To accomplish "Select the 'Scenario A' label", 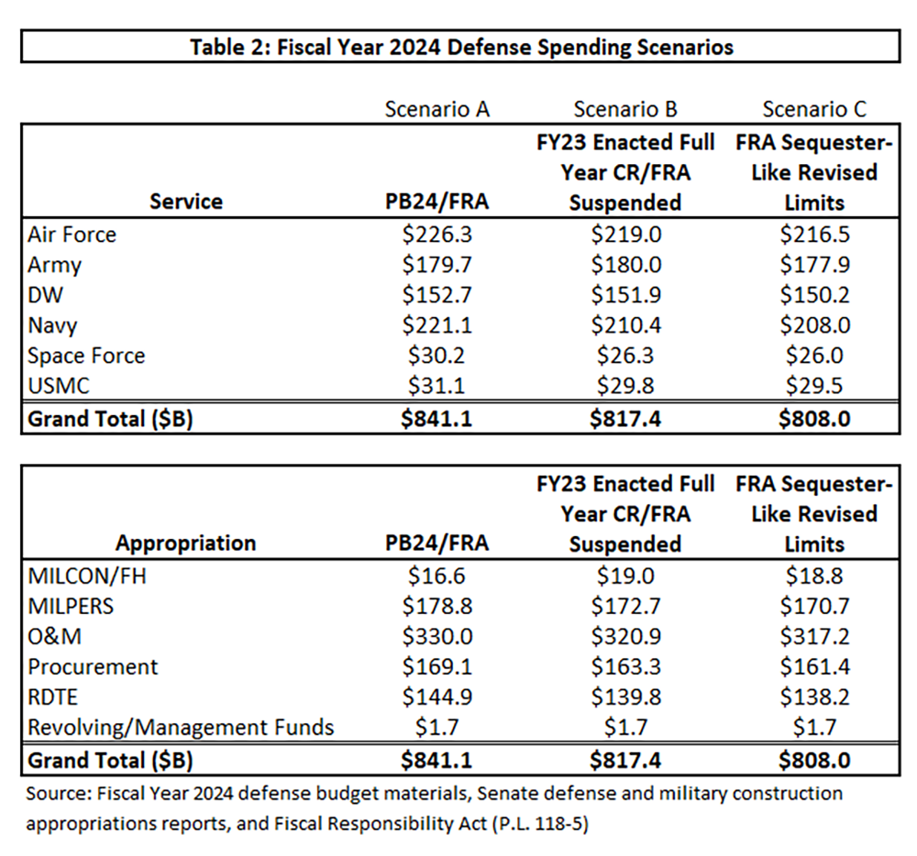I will click(x=437, y=109).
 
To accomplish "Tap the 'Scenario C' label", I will click(x=814, y=109).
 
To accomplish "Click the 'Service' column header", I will click(x=186, y=201).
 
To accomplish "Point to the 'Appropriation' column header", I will click(x=186, y=543).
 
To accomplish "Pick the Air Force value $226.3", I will click(x=437, y=235).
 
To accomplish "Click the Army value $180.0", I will click(x=625, y=265).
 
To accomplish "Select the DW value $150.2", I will click(x=814, y=295).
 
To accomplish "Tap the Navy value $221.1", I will click(x=437, y=325).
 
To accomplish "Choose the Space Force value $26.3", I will click(x=625, y=356).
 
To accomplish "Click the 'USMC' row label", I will click(x=60, y=386).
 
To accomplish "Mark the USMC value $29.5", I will click(x=814, y=386).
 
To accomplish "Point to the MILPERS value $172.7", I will click(x=625, y=607).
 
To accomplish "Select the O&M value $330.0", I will click(x=437, y=637).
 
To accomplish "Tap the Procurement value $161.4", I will click(x=814, y=667).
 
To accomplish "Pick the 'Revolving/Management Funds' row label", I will click(x=181, y=728).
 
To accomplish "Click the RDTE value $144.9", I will click(x=437, y=697).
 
